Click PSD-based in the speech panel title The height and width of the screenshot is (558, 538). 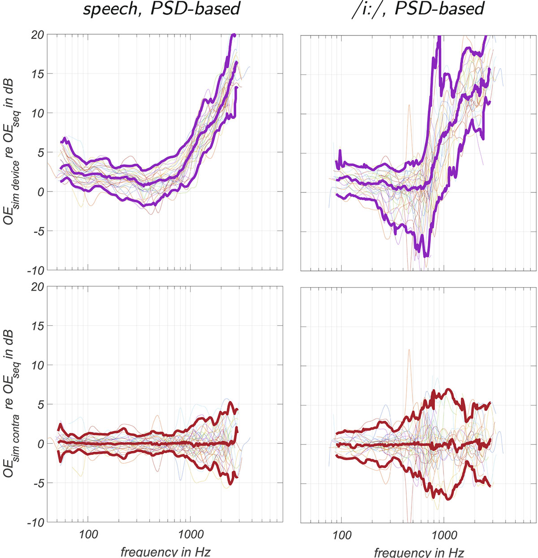(195, 9)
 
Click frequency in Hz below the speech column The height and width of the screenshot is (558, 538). (165, 551)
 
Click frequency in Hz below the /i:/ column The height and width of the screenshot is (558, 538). (419, 551)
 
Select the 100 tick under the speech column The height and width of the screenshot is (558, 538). (88, 534)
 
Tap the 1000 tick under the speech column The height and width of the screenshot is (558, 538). (191, 534)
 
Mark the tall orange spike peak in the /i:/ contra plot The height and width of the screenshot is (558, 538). (409, 350)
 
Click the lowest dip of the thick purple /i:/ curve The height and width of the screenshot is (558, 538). (426, 256)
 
